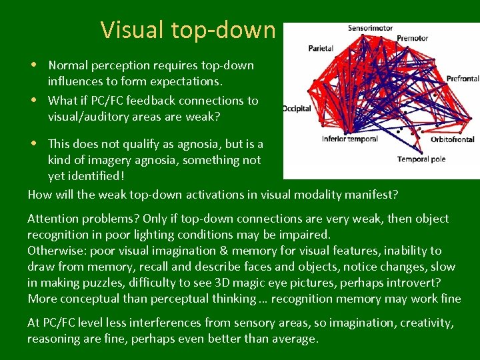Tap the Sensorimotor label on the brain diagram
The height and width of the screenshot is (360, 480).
click(x=370, y=28)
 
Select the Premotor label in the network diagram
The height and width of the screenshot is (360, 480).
click(x=412, y=38)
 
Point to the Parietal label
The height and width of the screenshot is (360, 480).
click(x=321, y=49)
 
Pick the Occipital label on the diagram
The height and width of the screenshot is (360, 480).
click(x=297, y=109)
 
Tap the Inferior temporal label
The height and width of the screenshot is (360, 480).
click(x=349, y=139)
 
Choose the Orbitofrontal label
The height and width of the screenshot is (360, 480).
click(x=452, y=139)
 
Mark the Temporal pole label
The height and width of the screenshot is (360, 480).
click(x=421, y=159)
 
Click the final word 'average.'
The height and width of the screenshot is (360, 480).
click(x=298, y=339)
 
